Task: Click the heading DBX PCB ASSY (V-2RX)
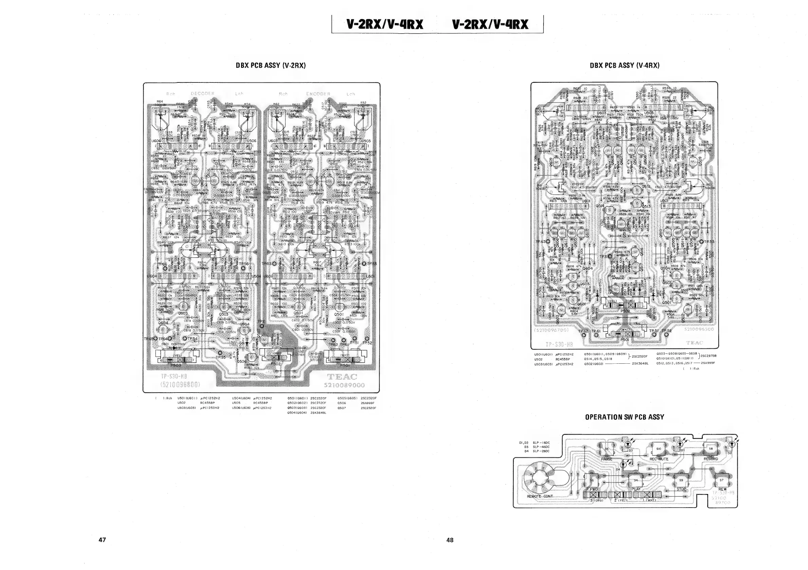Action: [x=271, y=65]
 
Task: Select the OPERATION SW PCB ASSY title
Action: [x=625, y=417]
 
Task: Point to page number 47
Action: [x=102, y=540]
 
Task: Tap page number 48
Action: [x=450, y=540]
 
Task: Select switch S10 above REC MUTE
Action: [x=658, y=449]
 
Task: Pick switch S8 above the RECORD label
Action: [x=711, y=449]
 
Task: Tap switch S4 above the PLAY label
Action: [x=636, y=480]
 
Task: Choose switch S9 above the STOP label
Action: [x=681, y=480]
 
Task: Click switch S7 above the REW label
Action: [x=721, y=480]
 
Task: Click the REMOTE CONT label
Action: [x=539, y=496]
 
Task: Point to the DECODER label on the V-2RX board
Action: [x=202, y=94]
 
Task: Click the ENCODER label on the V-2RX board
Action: [x=318, y=94]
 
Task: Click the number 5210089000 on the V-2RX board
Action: [x=344, y=385]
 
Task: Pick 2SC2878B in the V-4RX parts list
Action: [x=709, y=356]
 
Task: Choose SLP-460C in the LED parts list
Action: [x=541, y=447]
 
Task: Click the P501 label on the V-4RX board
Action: [x=625, y=340]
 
